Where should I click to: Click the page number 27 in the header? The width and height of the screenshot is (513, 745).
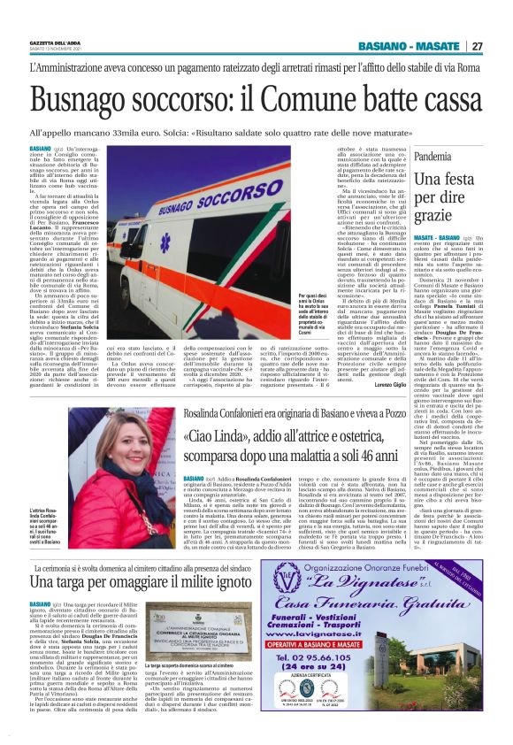pos(476,46)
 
